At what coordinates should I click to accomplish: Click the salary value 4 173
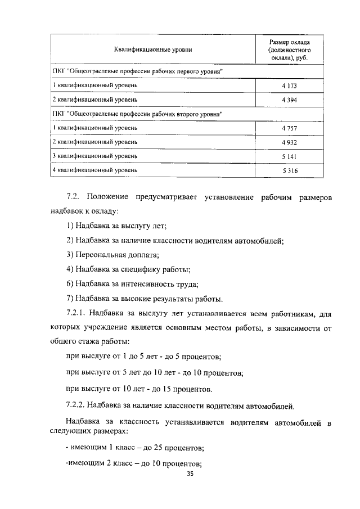tap(289, 85)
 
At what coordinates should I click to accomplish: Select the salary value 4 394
tap(289, 100)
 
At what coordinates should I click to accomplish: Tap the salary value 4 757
tap(289, 128)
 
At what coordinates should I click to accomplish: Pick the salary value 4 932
tap(289, 142)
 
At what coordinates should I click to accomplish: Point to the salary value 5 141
tap(289, 156)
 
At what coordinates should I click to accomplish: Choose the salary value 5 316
tap(289, 170)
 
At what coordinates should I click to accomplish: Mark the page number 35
tap(190, 474)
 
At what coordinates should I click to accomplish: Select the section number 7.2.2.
tap(78, 404)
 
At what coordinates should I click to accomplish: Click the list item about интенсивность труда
tap(132, 283)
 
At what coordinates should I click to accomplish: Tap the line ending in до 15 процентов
tap(139, 389)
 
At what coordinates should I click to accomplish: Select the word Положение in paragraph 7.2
tap(108, 197)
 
